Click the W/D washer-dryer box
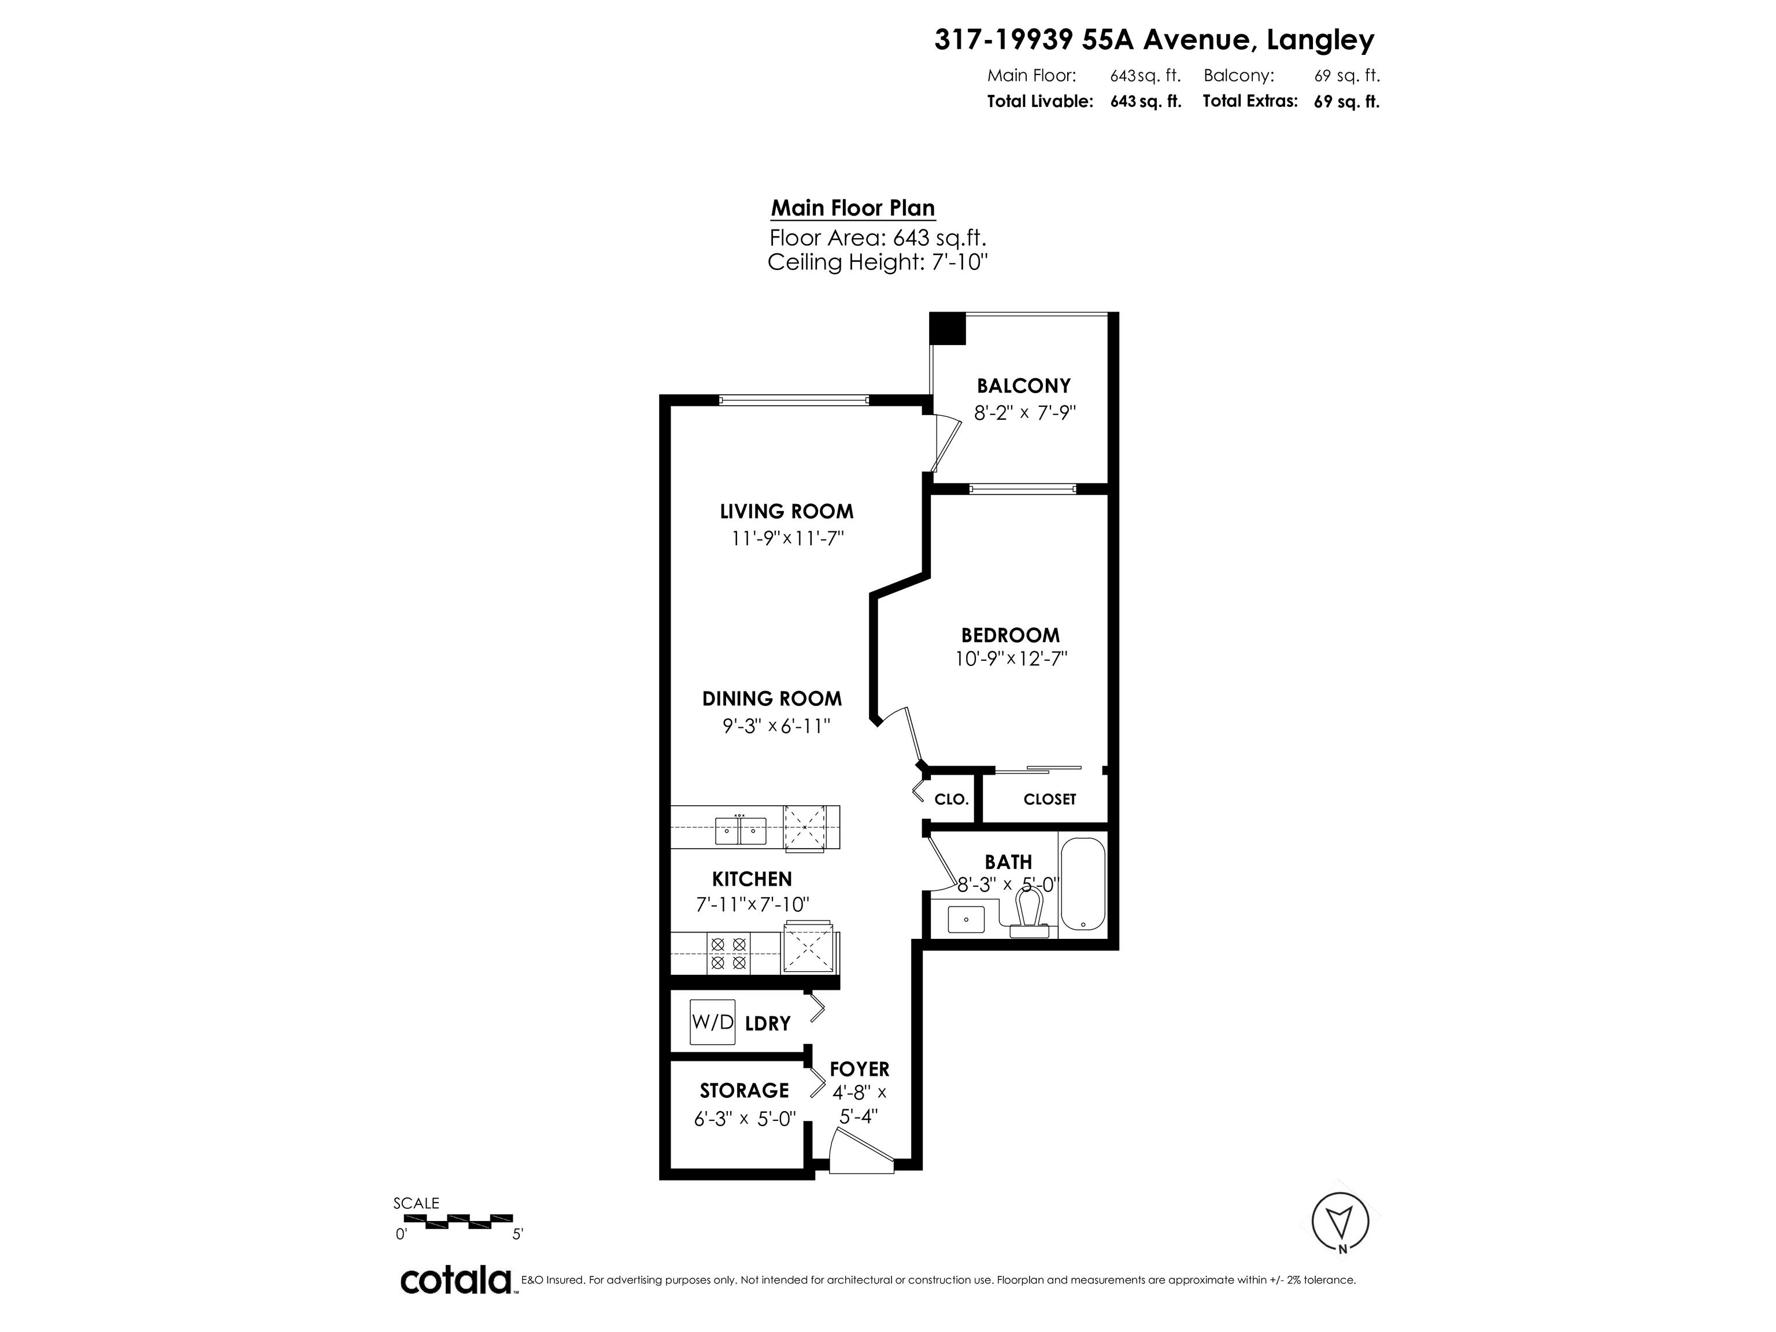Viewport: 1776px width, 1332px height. [x=713, y=1022]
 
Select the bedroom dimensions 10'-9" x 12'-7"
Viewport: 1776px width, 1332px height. [x=1011, y=659]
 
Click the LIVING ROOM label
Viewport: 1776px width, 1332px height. [x=787, y=512]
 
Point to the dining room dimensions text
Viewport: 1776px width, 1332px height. [x=776, y=726]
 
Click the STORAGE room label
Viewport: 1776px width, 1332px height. [x=744, y=1090]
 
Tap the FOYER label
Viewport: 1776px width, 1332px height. [x=860, y=1070]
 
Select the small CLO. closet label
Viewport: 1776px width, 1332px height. [x=952, y=800]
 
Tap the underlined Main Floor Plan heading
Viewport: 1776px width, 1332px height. [x=853, y=209]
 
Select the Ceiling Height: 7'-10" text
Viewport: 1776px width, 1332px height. [x=878, y=262]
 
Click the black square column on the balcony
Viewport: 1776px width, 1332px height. [x=948, y=328]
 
